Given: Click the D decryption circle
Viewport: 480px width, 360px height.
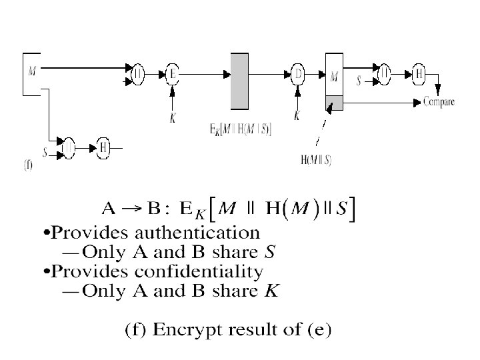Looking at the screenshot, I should pyautogui.click(x=298, y=75).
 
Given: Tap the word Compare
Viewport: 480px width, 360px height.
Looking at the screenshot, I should pyautogui.click(x=439, y=102).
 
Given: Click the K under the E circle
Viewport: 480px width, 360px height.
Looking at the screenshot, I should pyautogui.click(x=173, y=118).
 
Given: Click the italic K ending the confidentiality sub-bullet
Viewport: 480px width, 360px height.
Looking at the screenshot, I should pyautogui.click(x=274, y=291).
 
